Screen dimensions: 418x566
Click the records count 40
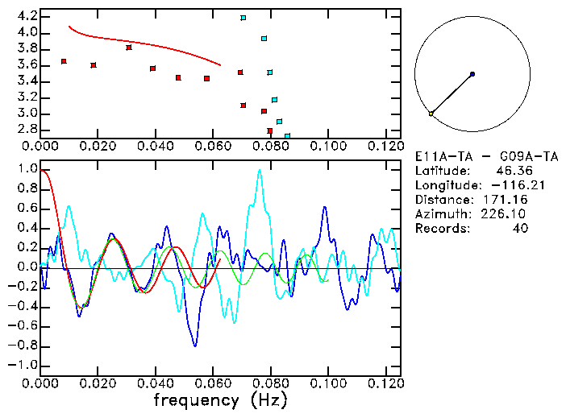519,229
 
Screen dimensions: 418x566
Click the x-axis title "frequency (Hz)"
219,399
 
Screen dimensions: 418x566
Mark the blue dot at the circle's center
472,74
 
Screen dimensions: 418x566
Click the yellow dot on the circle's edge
431,114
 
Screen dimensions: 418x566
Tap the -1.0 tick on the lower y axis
23,365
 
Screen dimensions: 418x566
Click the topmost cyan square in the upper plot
243,17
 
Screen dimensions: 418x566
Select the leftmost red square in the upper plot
64,61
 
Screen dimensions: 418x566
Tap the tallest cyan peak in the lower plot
259,170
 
